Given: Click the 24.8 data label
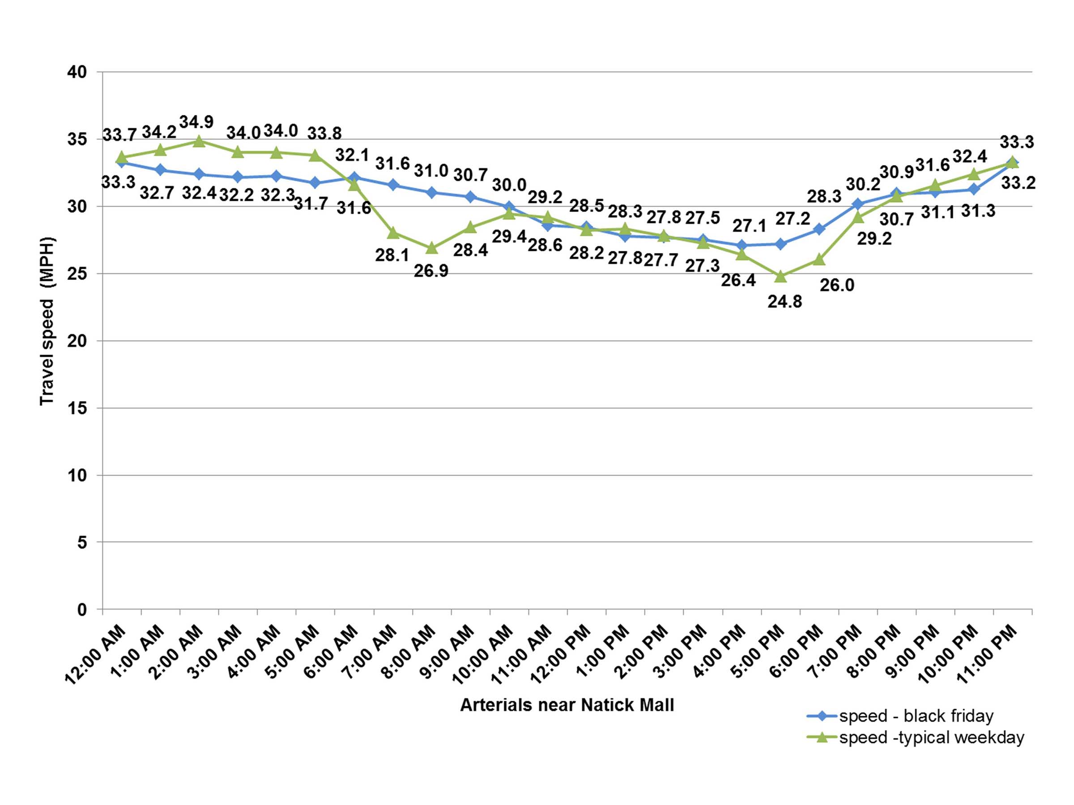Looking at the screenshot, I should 784,302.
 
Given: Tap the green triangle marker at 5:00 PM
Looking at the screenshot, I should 780,276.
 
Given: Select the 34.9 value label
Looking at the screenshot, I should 196,122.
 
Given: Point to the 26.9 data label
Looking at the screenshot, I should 431,271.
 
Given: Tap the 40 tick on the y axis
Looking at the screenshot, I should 77,72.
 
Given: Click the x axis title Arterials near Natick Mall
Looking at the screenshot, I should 567,705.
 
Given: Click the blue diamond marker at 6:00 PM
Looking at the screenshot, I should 819,229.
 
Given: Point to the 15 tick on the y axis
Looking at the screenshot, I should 77,408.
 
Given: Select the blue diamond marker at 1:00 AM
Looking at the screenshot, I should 160,170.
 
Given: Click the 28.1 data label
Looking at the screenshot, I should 392,255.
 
